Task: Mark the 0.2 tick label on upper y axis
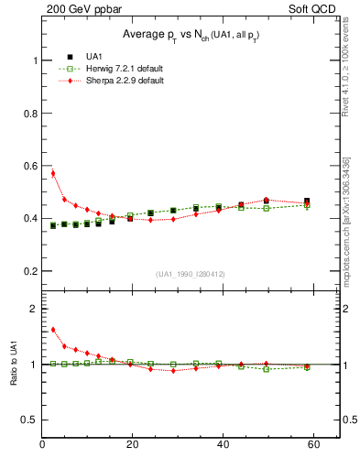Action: tap(29, 272)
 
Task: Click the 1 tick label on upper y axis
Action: tap(34, 60)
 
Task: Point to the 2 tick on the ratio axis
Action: tap(34, 309)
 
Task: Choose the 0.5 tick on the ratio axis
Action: tap(29, 420)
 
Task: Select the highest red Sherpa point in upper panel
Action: tap(53, 173)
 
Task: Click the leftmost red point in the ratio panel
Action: tap(53, 330)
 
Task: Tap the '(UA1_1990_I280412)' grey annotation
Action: tap(190, 274)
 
